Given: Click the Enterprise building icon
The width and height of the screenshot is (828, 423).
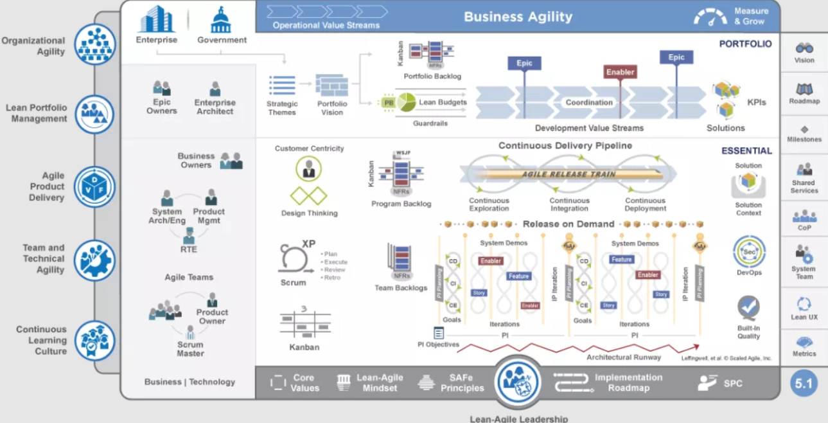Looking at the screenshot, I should coord(156,19).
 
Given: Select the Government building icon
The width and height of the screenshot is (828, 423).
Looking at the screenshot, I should coord(222,20).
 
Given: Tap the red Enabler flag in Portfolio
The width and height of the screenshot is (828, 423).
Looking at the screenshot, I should coord(620,72).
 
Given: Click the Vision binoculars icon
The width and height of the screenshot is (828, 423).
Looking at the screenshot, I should coord(804,48).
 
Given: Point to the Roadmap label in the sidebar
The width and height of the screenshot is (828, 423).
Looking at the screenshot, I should coord(804,102).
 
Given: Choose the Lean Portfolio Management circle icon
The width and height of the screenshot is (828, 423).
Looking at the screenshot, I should coord(94,114).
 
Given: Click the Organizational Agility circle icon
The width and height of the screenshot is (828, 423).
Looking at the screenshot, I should coord(94,45).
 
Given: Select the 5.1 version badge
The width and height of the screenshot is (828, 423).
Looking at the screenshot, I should coord(804,384).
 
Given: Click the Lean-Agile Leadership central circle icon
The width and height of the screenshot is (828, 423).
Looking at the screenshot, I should coord(517,382).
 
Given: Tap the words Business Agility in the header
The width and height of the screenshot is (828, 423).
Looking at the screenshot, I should coord(518,17).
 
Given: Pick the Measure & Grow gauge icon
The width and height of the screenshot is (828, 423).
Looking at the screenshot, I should coord(710,17).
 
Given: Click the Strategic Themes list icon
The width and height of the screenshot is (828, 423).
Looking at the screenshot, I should coord(282,85).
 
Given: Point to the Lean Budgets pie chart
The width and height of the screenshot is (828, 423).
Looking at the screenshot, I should coord(406,102).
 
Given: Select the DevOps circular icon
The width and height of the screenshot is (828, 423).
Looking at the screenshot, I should coord(749,252).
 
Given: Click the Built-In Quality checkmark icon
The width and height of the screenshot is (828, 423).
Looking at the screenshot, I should coord(748,307).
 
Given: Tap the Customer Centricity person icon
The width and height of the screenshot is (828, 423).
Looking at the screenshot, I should coord(309,169).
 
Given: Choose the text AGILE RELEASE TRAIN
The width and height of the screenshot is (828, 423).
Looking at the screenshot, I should coord(568,174).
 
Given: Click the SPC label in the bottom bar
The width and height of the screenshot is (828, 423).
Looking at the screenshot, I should coord(732,384).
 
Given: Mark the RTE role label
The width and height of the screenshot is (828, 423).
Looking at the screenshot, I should coord(189,249).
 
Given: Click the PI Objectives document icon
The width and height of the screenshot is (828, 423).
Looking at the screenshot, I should coord(439,333).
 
